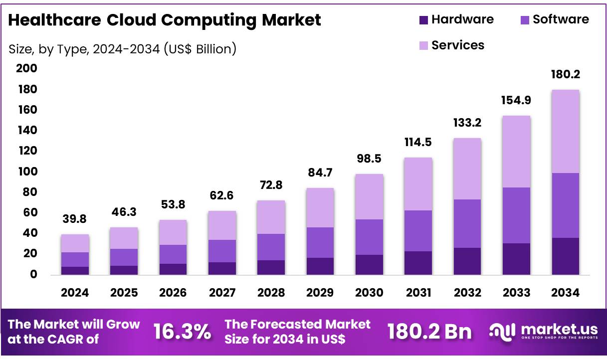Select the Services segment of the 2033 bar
pyautogui.click(x=516, y=152)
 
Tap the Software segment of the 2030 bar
pyautogui.click(x=369, y=237)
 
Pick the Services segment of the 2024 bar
pyautogui.click(x=75, y=243)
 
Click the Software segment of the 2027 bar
pyautogui.click(x=222, y=251)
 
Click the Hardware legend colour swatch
pyautogui.click(x=423, y=20)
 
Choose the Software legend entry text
pyautogui.click(x=561, y=19)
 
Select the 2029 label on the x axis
pyautogui.click(x=320, y=293)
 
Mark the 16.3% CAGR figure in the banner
pyautogui.click(x=182, y=332)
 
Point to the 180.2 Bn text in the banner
pyautogui.click(x=429, y=332)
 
